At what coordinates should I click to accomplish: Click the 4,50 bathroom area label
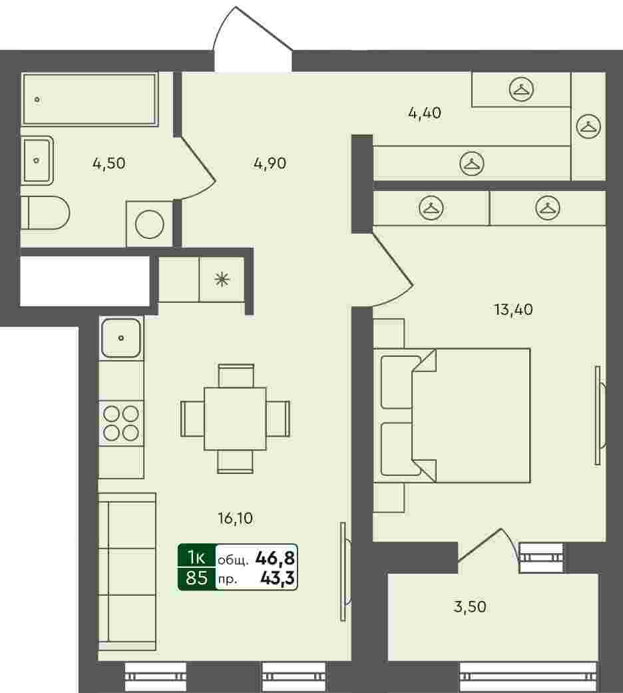click(109, 164)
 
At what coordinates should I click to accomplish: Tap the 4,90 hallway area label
click(270, 164)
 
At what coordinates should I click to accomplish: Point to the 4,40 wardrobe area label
click(425, 113)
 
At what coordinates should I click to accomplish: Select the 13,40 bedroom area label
click(513, 310)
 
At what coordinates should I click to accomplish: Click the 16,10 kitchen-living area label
click(236, 518)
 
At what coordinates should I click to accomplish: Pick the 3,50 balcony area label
click(470, 607)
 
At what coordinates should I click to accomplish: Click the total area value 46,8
click(275, 559)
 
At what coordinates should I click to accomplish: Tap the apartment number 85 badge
click(196, 578)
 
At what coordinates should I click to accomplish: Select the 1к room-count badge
click(196, 558)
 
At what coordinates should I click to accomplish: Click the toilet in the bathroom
click(45, 213)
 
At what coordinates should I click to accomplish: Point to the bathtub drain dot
click(37, 99)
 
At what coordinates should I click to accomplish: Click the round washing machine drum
click(149, 224)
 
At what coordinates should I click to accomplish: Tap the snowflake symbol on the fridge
click(222, 280)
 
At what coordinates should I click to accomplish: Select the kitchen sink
click(121, 338)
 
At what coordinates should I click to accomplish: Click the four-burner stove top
click(121, 423)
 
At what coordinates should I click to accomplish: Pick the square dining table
click(235, 419)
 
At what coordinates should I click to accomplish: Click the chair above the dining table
click(236, 375)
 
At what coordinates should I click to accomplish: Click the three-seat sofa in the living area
click(127, 571)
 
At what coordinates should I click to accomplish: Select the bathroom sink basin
click(37, 160)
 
